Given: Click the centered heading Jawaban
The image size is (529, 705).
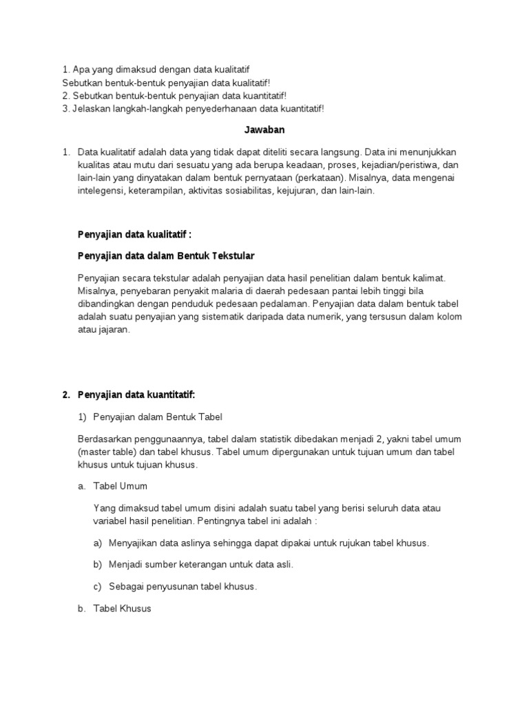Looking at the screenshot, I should tap(265, 129).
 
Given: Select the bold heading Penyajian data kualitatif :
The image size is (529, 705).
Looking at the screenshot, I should tap(134, 235).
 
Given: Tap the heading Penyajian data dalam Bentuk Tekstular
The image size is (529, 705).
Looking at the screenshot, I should tap(166, 256).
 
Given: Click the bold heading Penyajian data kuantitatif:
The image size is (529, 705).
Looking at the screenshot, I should tap(136, 394).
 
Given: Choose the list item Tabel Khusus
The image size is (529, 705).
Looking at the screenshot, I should tap(121, 609).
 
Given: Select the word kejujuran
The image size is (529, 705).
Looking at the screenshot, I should tap(293, 191).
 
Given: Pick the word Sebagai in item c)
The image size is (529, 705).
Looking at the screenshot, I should tap(127, 587).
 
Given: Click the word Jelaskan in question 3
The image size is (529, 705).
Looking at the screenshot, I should tap(92, 108).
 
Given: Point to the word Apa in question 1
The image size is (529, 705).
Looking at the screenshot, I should tap(81, 70).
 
